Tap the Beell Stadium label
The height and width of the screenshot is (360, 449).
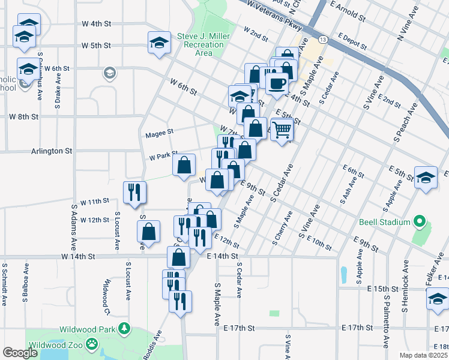pyautogui.click(x=385, y=222)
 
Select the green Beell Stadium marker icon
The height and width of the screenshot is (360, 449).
pyautogui.click(x=420, y=223)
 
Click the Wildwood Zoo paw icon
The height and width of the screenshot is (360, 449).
pyautogui.click(x=91, y=344)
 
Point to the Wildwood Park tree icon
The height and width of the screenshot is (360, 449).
pyautogui.click(x=124, y=328)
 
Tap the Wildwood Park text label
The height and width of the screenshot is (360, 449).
pyautogui.click(x=88, y=329)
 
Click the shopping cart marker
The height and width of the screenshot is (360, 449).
pyautogui.click(x=282, y=128)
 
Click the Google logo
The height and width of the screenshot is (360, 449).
pyautogui.click(x=20, y=353)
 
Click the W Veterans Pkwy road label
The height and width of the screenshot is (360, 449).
pyautogui.click(x=272, y=12)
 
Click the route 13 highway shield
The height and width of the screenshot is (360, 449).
pyautogui.click(x=323, y=40)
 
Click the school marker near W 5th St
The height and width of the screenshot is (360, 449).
pyautogui.click(x=159, y=43)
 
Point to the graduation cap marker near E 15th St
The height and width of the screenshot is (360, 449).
pyautogui.click(x=438, y=298)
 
